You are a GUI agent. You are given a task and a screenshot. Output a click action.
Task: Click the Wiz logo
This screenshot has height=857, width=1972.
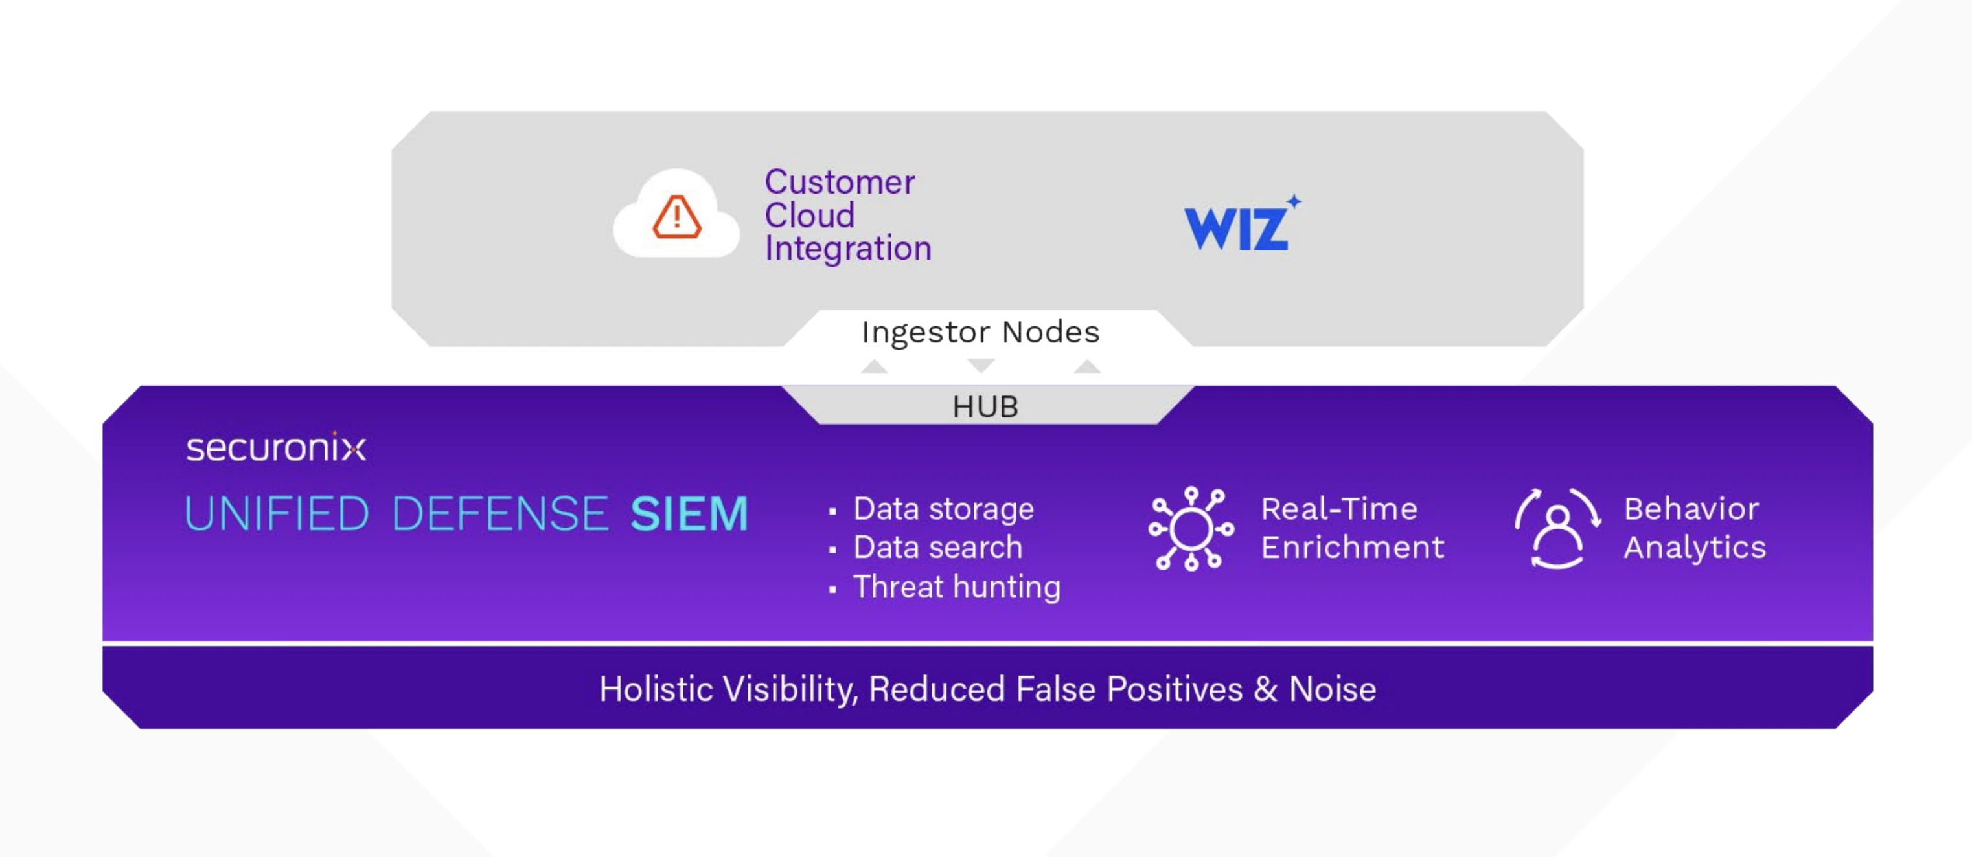pos(1242,223)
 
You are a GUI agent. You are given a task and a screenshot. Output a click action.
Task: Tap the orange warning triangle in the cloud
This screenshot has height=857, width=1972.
pos(677,217)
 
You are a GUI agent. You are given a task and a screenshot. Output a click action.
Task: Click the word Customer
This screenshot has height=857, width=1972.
pos(840,182)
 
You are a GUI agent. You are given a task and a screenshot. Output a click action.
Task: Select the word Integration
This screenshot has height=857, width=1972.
pos(848,249)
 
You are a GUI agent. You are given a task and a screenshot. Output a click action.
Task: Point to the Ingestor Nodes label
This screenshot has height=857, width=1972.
pos(981,332)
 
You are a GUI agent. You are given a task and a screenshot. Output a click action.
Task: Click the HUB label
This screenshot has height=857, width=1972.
pos(985,406)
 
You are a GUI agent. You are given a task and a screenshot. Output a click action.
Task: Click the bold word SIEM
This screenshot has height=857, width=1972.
pos(689,513)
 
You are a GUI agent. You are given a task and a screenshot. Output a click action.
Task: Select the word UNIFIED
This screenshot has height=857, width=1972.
pos(277,513)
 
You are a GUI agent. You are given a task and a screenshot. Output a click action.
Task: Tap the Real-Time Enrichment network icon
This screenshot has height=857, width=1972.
pos(1191,528)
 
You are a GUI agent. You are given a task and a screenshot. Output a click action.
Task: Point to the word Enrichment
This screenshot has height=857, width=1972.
pos(1353,547)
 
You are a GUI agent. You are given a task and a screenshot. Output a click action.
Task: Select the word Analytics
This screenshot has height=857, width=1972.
pos(1695,548)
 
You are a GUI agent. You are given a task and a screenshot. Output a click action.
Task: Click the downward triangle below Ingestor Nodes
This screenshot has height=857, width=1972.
pos(981,366)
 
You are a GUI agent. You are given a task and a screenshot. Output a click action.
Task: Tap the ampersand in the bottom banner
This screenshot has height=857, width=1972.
pos(1266,689)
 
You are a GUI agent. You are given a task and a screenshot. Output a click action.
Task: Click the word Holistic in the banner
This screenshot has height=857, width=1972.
pos(656,689)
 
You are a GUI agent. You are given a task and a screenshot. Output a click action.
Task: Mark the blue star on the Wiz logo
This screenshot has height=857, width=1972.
pos(1294,201)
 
